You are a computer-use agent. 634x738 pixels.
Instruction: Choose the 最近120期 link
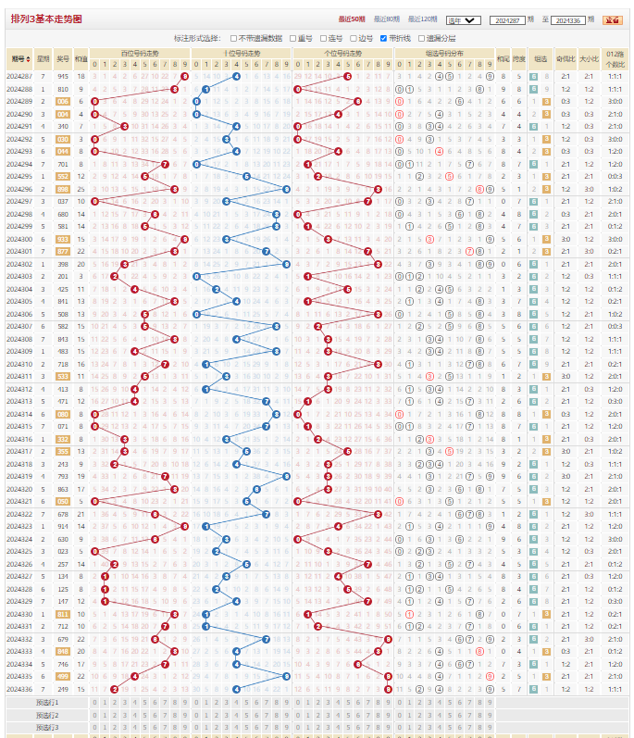tap(423, 19)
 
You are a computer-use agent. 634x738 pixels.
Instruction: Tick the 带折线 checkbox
tap(384, 38)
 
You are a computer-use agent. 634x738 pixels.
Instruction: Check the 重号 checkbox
tap(293, 38)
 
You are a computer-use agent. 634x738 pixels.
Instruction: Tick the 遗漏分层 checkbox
tap(420, 38)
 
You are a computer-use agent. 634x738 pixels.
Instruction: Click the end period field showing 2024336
tap(566, 19)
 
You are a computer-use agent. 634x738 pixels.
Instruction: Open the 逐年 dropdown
tap(462, 19)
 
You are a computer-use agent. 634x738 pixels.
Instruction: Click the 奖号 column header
tap(62, 56)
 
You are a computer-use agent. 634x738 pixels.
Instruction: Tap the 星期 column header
tap(43, 56)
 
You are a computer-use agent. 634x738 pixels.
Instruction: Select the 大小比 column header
tap(589, 56)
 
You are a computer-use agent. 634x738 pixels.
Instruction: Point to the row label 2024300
tap(19, 238)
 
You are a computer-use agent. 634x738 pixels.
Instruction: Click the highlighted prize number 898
tap(63, 188)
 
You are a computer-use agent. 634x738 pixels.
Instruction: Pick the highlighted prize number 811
tap(63, 613)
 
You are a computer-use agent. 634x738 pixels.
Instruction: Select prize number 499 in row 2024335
tap(63, 676)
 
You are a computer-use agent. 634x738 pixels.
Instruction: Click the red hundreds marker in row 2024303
tap(114, 276)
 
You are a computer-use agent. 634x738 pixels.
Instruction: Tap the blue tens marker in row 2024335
tap(286, 676)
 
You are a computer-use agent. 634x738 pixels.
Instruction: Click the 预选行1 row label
tap(47, 702)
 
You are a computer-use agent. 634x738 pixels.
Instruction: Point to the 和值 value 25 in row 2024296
tap(81, 188)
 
